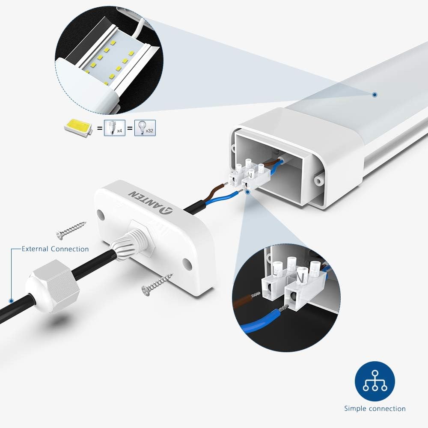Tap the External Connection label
(55, 249)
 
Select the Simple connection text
(375, 409)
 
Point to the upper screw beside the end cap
(71, 229)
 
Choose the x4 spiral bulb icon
(115, 128)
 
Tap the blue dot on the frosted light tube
(374, 94)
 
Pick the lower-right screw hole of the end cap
(187, 262)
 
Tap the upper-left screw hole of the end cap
(101, 213)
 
